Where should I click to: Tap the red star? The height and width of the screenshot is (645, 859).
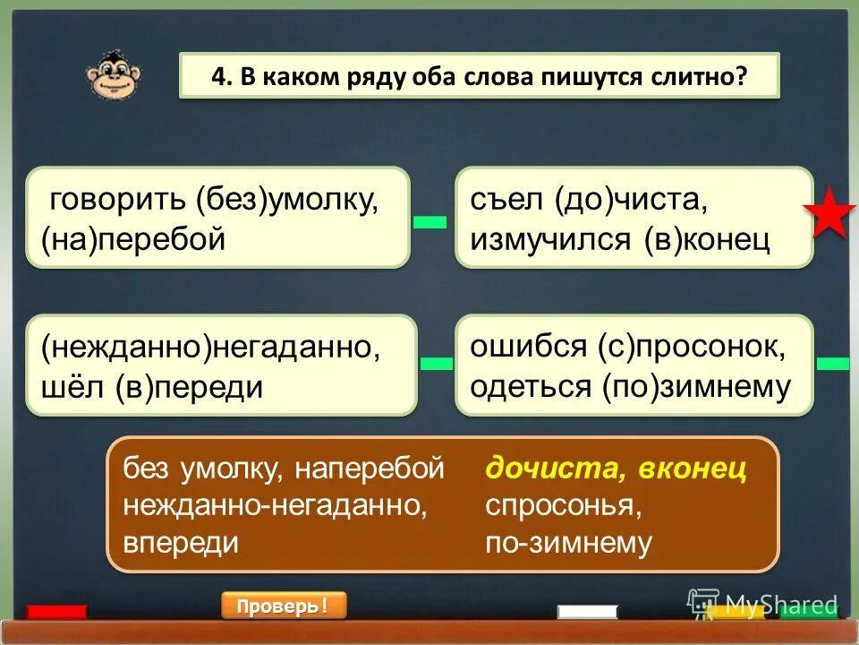coord(829,214)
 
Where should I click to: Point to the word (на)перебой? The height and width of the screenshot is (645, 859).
coord(132,239)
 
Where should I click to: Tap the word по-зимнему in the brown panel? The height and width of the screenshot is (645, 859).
coord(568,543)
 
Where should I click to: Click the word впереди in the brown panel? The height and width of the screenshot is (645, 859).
coord(181,543)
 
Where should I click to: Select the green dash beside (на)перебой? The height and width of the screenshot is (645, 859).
coord(429,222)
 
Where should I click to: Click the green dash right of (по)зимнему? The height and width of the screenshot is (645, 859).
coord(832,363)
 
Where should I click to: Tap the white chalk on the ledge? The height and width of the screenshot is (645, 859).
coord(587,612)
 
